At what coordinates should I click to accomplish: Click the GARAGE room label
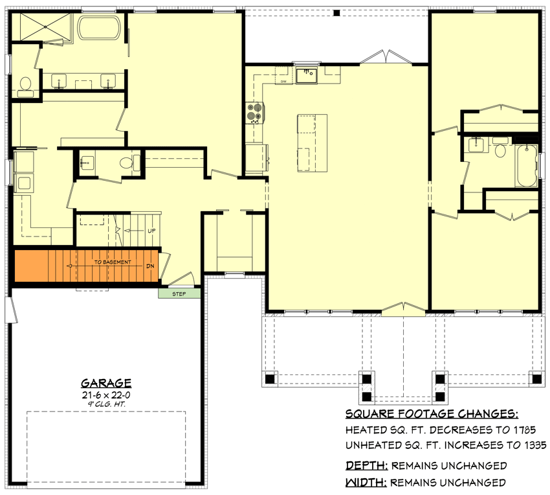[x=106, y=383]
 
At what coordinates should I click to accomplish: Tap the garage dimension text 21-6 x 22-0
[x=106, y=394]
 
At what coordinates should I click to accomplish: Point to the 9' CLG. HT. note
[x=106, y=404]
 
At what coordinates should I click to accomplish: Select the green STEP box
[x=179, y=294]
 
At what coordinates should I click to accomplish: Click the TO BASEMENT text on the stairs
[x=113, y=262]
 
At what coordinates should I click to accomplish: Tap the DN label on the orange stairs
[x=150, y=265]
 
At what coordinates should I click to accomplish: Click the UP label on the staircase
[x=151, y=231]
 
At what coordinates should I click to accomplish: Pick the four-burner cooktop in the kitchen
[x=254, y=113]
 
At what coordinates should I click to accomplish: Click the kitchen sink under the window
[x=307, y=75]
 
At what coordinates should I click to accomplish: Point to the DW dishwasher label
[x=283, y=82]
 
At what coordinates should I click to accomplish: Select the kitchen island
[x=312, y=143]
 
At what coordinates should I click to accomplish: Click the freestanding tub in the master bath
[x=99, y=29]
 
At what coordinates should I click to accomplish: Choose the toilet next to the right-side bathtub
[x=499, y=150]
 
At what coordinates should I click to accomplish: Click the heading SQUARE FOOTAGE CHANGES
[x=432, y=415]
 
